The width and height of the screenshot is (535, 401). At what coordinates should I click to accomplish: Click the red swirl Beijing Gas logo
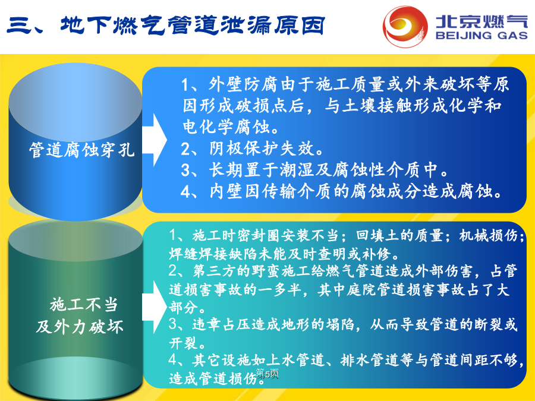point(405,27)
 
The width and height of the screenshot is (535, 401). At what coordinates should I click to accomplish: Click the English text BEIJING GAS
point(481,36)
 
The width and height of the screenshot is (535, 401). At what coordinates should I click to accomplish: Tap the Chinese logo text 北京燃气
point(481,21)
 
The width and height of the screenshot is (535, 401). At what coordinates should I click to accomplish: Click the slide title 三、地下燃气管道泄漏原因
point(165,26)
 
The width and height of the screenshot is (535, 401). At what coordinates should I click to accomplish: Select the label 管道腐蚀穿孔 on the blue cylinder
point(82,150)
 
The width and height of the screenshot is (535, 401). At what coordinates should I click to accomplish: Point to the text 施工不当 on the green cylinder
point(84,305)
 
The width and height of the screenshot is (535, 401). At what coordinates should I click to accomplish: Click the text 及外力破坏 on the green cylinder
point(80,327)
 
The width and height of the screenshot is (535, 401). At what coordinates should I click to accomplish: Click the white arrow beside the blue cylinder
point(155,140)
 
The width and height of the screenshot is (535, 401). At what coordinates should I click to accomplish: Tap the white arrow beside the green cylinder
point(155,307)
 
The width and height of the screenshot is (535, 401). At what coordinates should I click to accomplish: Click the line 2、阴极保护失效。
point(252,149)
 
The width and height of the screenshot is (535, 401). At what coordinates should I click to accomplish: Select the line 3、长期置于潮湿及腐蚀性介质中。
point(314,170)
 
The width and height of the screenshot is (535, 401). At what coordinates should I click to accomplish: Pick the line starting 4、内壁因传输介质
point(341,191)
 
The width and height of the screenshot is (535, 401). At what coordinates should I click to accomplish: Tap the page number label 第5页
point(267,374)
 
